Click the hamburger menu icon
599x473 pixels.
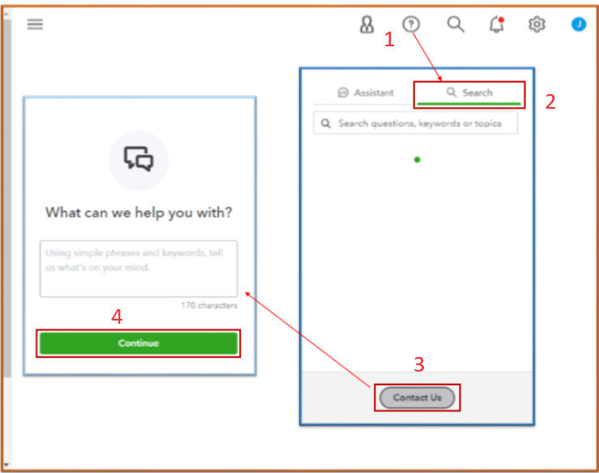pos(35,24)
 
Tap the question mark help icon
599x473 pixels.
pos(411,24)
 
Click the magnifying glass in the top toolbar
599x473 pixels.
pos(456,24)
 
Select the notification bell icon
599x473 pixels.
pos(497,24)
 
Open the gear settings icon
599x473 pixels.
pos(537,24)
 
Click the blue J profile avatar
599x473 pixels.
pos(579,24)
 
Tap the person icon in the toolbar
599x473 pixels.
pos(366,24)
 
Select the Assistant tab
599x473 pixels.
pos(366,92)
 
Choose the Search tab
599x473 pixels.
pos(469,92)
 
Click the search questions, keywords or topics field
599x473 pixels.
pos(416,123)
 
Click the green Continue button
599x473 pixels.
pos(139,343)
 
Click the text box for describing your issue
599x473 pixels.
pos(139,269)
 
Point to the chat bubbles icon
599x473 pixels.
pos(139,159)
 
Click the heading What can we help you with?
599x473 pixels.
pos(139,213)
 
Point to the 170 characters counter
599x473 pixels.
pos(209,305)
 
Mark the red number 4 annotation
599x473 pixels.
pos(117,316)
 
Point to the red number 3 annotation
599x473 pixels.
pos(419,364)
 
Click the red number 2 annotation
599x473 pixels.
pos(550,101)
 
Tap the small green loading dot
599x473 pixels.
pos(417,160)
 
